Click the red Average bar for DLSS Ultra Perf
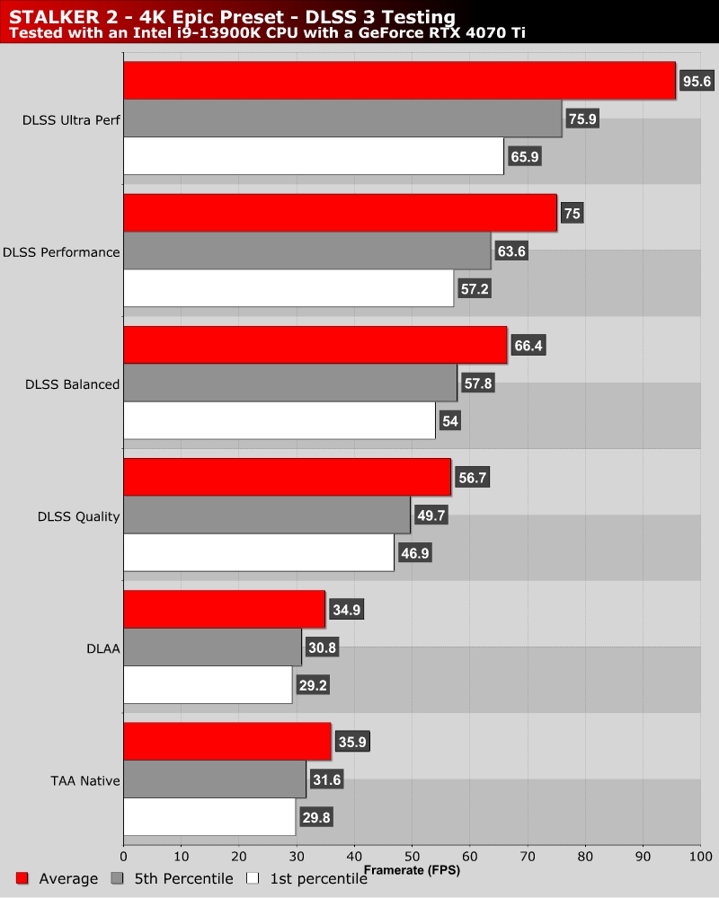399,81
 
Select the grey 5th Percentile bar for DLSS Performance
307,251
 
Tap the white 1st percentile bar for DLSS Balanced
280,421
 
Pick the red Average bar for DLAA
224,610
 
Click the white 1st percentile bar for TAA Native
209,817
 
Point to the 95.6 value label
697,82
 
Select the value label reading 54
450,421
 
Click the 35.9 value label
351,742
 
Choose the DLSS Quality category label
79,516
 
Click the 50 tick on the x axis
413,854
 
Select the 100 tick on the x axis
701,854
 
